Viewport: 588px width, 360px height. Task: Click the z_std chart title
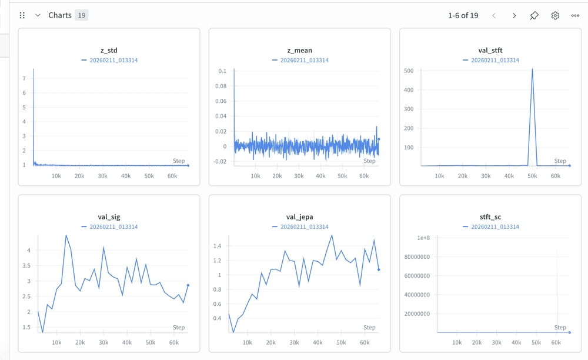[x=109, y=51]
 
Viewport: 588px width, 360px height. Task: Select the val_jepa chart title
[x=299, y=217]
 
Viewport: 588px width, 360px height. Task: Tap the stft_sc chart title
[x=490, y=217]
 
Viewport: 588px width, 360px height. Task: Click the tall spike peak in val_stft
[x=532, y=69]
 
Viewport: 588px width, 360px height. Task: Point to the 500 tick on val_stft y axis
[x=409, y=71]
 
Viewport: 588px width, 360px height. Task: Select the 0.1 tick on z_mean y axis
[x=222, y=71]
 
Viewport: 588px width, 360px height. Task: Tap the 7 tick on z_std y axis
[x=24, y=78]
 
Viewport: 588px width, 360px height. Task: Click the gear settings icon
[x=555, y=15]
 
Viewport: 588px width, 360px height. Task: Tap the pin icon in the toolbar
[x=534, y=15]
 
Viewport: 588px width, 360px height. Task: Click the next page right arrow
[x=514, y=15]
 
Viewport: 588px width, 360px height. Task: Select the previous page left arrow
[x=494, y=15]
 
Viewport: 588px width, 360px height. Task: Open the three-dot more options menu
[x=575, y=15]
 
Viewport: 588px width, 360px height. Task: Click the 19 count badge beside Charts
[x=81, y=15]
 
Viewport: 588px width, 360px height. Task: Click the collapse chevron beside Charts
[x=38, y=15]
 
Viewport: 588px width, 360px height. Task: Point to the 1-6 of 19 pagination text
[x=463, y=15]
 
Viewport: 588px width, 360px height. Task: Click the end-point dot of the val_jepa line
[x=379, y=269]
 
